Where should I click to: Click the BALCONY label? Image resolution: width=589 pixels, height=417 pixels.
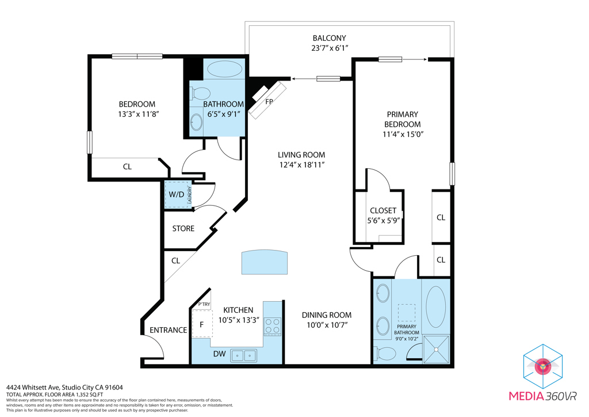[329, 38]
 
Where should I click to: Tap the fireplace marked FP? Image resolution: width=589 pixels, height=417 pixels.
[267, 99]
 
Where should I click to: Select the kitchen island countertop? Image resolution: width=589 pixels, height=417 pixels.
[265, 262]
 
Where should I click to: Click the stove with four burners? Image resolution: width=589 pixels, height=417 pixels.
[272, 326]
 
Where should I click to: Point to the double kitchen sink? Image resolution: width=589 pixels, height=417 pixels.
[244, 355]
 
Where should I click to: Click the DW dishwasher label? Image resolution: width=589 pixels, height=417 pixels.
[219, 354]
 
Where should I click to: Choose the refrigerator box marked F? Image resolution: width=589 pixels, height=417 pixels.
[202, 324]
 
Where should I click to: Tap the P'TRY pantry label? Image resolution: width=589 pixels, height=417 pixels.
[204, 304]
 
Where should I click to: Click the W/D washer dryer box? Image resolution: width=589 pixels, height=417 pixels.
[177, 195]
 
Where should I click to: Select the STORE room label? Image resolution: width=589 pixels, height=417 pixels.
[183, 229]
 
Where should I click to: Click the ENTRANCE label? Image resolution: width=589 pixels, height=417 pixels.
[169, 330]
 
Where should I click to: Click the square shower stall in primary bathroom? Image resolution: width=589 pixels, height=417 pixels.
[436, 349]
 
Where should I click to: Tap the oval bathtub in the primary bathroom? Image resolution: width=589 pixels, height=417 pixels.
[436, 307]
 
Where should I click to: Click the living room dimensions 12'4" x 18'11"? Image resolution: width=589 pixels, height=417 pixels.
[301, 165]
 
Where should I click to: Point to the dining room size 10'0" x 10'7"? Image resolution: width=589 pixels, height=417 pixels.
[327, 325]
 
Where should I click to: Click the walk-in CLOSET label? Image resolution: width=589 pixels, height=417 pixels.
[383, 211]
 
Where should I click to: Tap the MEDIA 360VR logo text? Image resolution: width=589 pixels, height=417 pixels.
[542, 396]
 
